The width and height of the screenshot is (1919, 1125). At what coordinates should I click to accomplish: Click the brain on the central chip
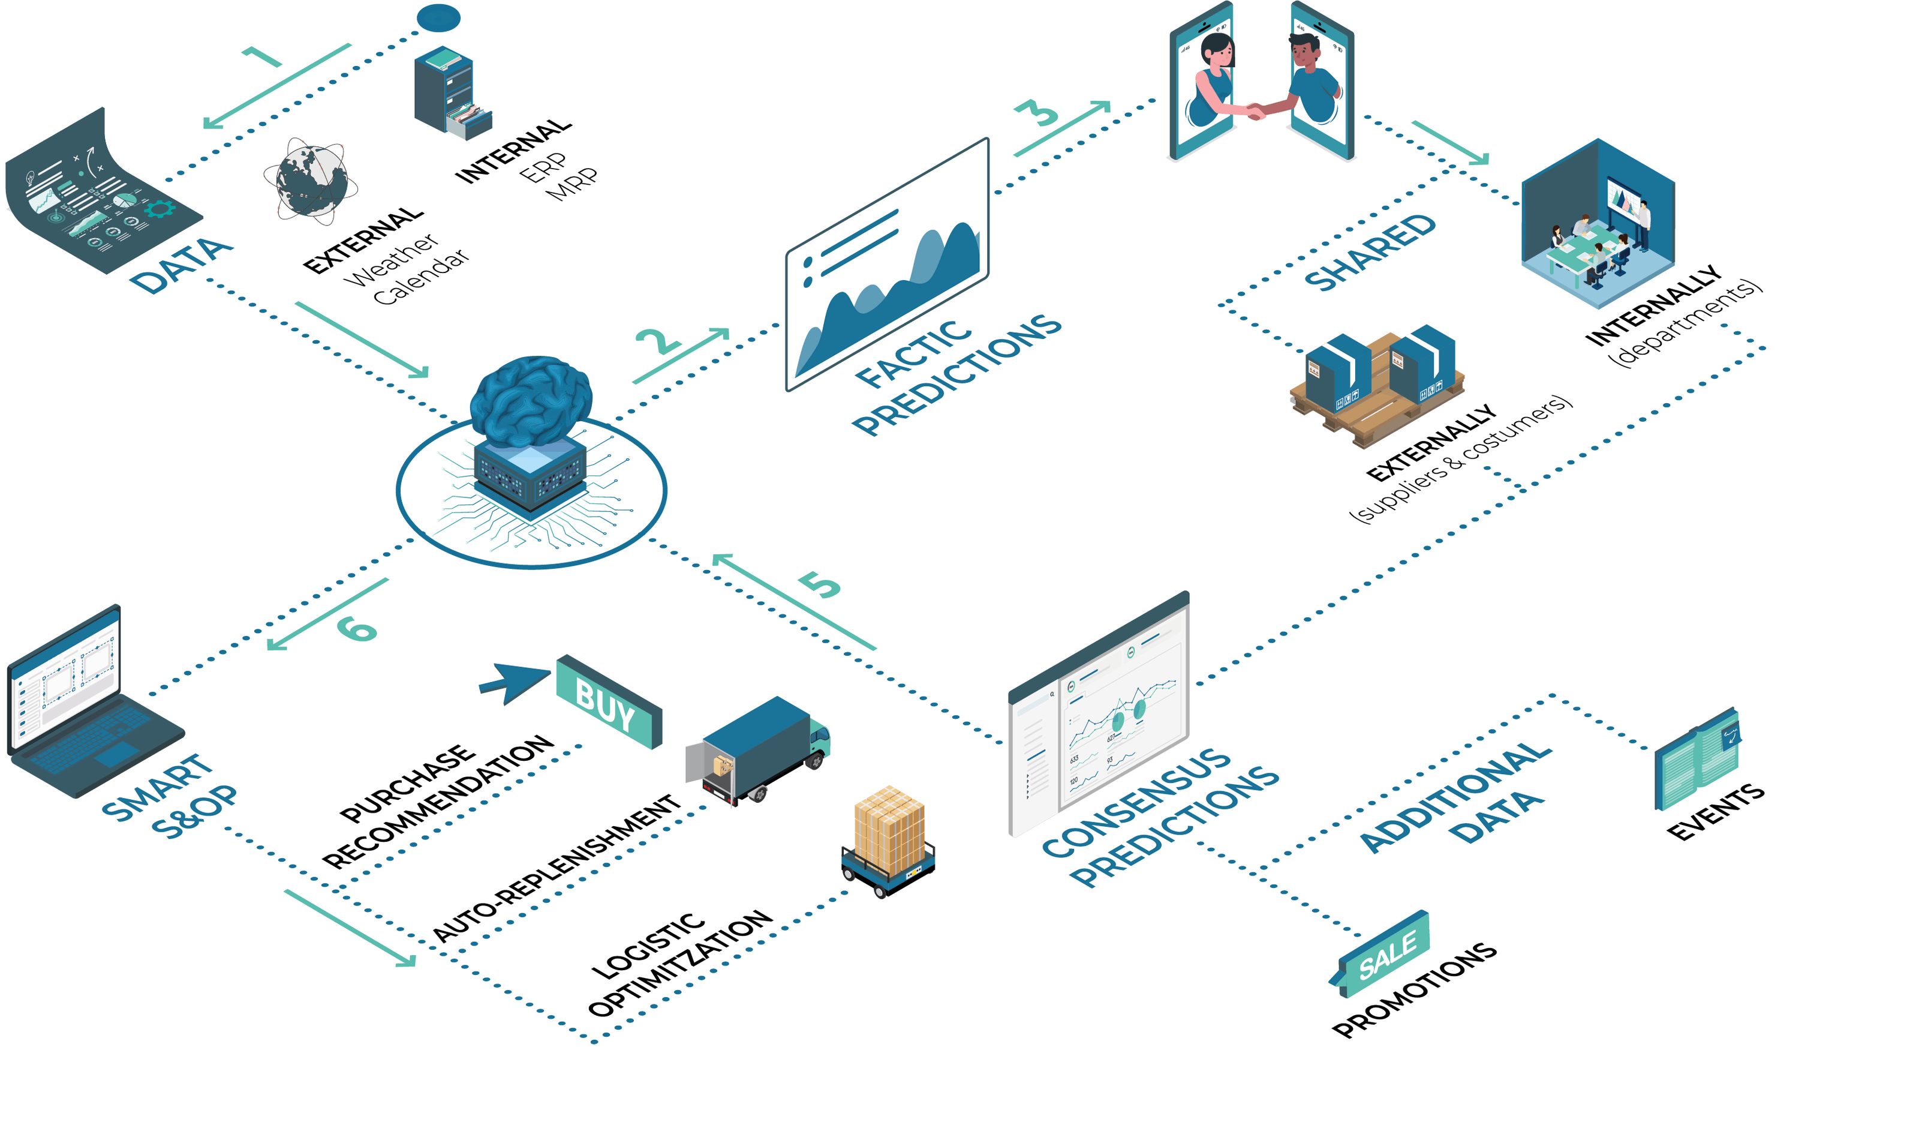tap(531, 399)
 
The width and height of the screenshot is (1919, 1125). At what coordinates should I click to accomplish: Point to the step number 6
tap(356, 628)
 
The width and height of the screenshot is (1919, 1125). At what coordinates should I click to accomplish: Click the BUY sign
tap(607, 702)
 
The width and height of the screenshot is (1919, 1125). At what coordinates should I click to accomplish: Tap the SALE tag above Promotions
tap(1385, 953)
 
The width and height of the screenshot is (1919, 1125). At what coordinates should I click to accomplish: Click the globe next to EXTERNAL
tap(311, 181)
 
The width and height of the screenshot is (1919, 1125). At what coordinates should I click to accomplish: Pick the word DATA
tap(181, 265)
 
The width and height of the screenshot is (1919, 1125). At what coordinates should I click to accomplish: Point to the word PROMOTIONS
tap(1415, 990)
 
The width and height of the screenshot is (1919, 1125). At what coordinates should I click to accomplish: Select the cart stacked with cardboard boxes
tap(889, 842)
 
